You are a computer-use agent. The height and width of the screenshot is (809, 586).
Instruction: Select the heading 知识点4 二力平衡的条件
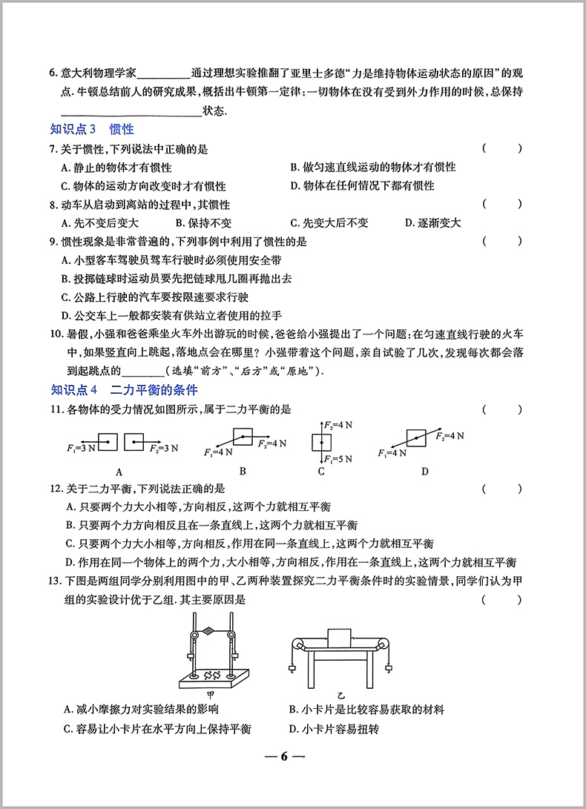pyautogui.click(x=124, y=390)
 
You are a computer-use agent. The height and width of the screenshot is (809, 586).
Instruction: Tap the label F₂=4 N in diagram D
pyautogui.click(x=450, y=435)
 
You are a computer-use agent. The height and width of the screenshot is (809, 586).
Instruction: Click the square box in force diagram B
pyautogui.click(x=243, y=437)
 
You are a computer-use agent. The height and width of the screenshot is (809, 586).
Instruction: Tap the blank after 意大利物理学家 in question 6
pyautogui.click(x=163, y=73)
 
